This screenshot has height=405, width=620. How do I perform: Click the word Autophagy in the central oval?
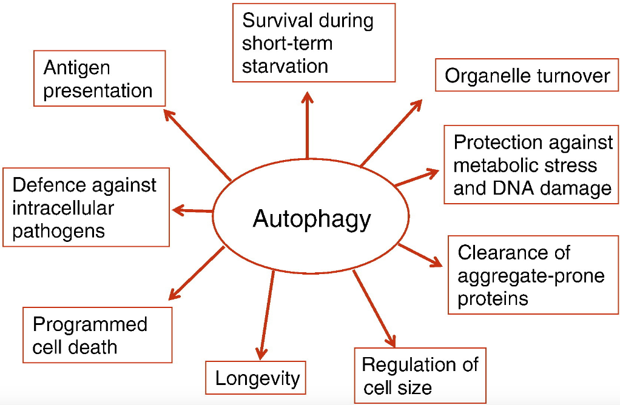(311, 219)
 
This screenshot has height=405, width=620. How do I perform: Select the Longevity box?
(257, 379)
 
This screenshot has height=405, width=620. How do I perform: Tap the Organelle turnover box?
(527, 76)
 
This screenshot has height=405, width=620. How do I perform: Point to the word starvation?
(285, 65)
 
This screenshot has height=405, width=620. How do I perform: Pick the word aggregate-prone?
(531, 276)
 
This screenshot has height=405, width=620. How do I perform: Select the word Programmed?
(90, 324)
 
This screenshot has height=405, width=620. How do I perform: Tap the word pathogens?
(58, 231)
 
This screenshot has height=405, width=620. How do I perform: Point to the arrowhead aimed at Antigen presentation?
(169, 113)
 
